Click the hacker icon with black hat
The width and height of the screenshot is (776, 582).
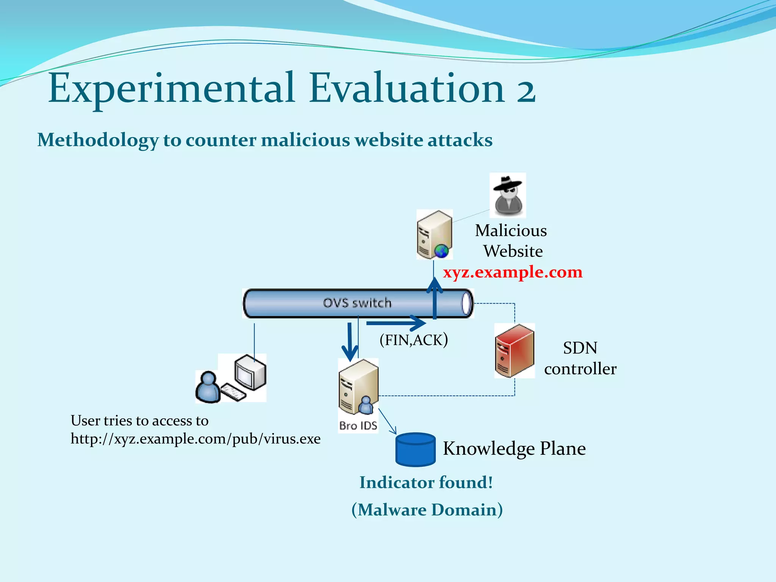pos(507,195)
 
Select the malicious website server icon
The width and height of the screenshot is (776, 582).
pos(434,235)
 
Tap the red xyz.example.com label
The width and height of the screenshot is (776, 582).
pos(512,272)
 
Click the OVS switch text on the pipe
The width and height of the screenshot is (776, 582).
pos(357,303)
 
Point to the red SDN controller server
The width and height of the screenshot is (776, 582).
pos(514,350)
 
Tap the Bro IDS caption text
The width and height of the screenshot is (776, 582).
pos(358,426)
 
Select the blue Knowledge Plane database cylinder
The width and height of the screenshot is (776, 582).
pos(415,449)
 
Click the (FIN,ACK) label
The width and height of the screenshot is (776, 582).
pos(413,340)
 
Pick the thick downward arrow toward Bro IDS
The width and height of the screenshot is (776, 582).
pos(350,341)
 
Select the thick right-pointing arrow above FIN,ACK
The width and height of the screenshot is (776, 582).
pos(396,323)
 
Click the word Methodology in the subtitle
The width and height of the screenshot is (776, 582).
pos(97,140)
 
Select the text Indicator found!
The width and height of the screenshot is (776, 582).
pos(426,483)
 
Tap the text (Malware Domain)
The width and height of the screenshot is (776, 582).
pos(427,510)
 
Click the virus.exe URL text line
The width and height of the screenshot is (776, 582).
pos(196,439)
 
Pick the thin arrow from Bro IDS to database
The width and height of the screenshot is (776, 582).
pos(387,421)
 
